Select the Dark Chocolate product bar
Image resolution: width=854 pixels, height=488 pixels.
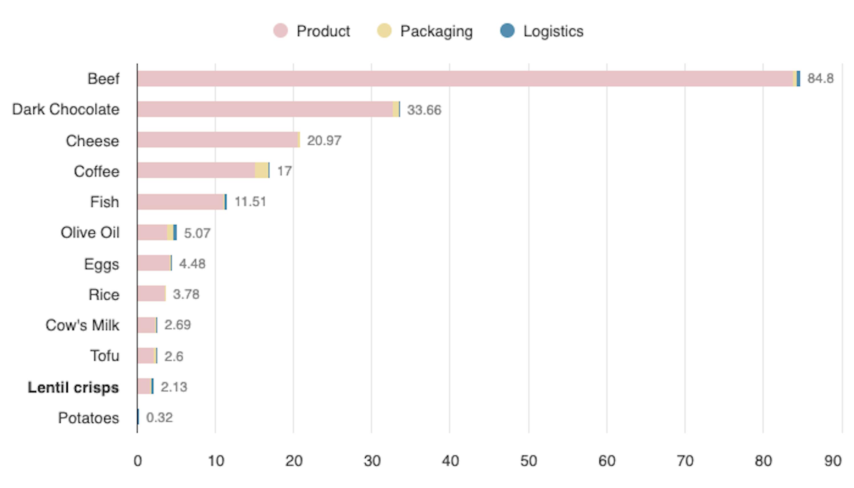tap(265, 109)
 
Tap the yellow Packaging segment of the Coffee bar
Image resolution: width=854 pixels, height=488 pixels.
tap(261, 170)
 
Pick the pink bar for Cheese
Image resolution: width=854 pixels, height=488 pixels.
tap(218, 140)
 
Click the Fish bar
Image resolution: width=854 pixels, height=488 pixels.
tap(181, 202)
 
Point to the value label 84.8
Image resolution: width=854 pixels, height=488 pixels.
tap(820, 78)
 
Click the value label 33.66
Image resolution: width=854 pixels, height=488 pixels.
tap(424, 110)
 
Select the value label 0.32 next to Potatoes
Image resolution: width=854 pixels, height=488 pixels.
tap(159, 418)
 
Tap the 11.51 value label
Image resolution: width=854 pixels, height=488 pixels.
tap(250, 202)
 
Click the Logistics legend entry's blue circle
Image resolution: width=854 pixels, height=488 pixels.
tap(507, 31)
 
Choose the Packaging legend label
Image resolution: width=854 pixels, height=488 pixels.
tap(436, 31)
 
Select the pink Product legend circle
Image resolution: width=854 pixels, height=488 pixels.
tap(280, 31)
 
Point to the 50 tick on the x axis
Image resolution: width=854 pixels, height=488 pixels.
tap(528, 461)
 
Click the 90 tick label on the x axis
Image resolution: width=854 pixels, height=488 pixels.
tap(833, 461)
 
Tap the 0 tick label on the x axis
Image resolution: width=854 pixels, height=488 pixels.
tap(137, 461)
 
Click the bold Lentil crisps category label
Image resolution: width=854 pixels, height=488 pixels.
tap(73, 387)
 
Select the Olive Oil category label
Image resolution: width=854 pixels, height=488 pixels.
tap(90, 233)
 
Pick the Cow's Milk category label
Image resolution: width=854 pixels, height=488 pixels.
tap(83, 325)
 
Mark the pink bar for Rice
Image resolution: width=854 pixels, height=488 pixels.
tap(151, 294)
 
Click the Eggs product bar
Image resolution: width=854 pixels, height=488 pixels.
tap(154, 263)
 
